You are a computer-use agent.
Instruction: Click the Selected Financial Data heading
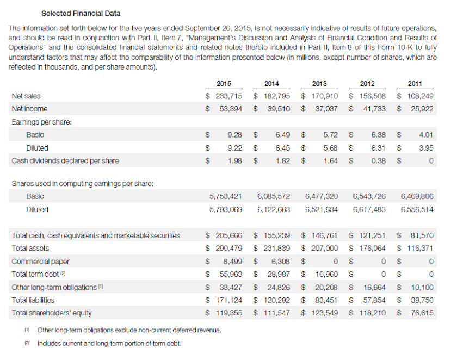pyautogui.click(x=81, y=13)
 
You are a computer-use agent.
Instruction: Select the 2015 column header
pyautogui.click(x=224, y=83)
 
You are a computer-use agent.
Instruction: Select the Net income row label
pyautogui.click(x=30, y=109)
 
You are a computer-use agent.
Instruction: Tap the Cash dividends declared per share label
pyautogui.click(x=65, y=160)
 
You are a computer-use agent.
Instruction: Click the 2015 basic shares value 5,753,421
pyautogui.click(x=226, y=196)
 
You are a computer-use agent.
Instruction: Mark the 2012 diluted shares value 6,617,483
pyautogui.click(x=369, y=209)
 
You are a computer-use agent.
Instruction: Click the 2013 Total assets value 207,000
pyautogui.click(x=324, y=248)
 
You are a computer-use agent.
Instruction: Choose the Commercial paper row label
pyautogui.click(x=40, y=261)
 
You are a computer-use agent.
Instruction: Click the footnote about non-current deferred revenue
pyautogui.click(x=129, y=331)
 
